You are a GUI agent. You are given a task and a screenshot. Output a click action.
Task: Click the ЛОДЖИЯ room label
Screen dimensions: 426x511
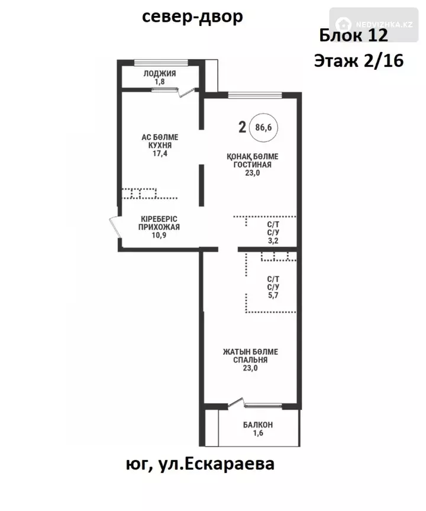point(160,73)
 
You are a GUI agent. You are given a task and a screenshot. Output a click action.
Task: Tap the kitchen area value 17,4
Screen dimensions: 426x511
point(160,153)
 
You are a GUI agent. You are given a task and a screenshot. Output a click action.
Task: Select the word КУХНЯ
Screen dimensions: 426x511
point(160,145)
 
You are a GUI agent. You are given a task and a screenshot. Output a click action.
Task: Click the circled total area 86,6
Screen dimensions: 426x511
point(263,127)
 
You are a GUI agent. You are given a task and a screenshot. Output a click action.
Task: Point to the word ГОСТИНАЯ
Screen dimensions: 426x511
point(253,165)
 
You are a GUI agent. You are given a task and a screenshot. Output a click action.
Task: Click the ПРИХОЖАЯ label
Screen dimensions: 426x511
point(159,227)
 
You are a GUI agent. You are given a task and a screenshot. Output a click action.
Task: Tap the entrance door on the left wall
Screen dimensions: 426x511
point(115,227)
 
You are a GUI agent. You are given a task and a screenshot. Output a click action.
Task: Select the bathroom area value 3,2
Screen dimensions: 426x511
point(273,241)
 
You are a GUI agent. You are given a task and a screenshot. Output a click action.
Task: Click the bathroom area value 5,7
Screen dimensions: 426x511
point(273,295)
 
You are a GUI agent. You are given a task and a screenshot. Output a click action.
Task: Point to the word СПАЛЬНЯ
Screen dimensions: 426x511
point(250,360)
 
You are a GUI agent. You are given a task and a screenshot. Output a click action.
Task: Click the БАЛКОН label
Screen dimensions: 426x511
point(258,425)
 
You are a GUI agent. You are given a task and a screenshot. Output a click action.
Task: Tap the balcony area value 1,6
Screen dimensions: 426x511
point(258,433)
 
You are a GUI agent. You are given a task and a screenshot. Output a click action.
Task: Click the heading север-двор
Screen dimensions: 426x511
point(192,17)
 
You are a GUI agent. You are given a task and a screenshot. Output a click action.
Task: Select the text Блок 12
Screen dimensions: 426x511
point(353,35)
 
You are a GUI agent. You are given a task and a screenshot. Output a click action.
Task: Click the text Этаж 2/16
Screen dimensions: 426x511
point(359,60)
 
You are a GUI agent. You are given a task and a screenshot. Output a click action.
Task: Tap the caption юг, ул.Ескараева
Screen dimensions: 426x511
point(200,464)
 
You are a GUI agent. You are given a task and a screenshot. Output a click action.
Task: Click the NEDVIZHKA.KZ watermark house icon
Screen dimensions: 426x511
point(343,24)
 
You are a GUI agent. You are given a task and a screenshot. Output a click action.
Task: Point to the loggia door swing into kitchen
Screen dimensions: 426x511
point(188,93)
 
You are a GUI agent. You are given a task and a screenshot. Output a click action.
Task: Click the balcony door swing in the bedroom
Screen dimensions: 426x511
point(236,403)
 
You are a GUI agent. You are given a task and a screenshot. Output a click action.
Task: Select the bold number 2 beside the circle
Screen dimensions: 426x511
point(242,127)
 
